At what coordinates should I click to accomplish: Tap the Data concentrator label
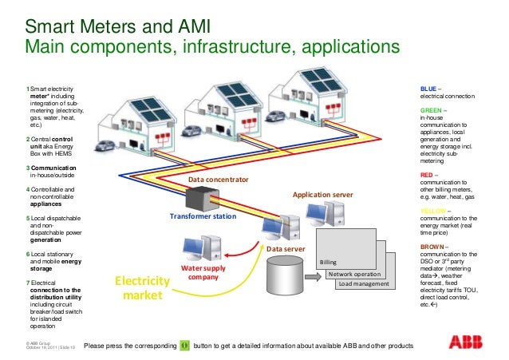[219, 180]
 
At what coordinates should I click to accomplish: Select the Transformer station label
[202, 216]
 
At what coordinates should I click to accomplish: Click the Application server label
[322, 194]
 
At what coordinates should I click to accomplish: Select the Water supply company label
[203, 273]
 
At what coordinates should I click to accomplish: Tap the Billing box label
[329, 262]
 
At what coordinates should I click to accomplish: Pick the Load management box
[363, 284]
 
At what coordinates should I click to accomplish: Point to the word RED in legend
[427, 173]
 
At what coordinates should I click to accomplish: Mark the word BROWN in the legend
[432, 247]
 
